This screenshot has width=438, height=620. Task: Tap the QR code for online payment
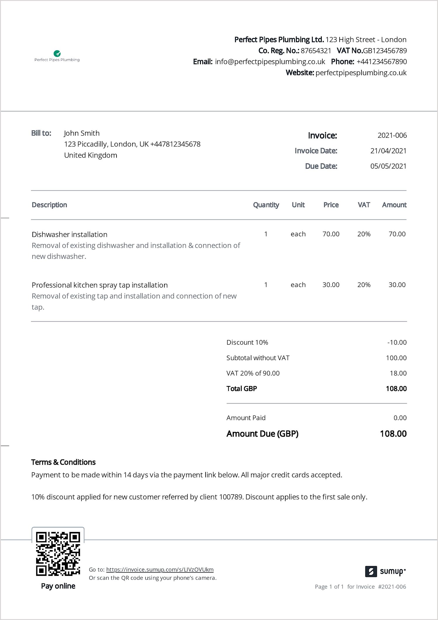(58, 553)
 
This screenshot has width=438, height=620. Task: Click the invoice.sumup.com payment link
(160, 569)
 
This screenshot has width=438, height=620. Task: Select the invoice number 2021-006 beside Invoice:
(392, 135)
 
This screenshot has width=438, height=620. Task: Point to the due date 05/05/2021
(388, 166)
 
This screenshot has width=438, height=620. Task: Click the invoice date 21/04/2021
(388, 151)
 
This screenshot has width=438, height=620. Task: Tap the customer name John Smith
(82, 133)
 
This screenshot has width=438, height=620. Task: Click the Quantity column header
(266, 205)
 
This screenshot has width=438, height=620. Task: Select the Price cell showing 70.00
(331, 234)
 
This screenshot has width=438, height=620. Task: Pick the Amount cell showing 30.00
(397, 285)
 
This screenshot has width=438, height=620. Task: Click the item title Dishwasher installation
(69, 235)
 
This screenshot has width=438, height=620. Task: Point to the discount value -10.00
(397, 342)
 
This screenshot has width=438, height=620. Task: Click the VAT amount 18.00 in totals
(398, 373)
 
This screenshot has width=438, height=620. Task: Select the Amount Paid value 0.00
(400, 418)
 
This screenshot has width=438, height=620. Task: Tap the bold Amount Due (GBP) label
(262, 434)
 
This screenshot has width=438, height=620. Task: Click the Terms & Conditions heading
(63, 462)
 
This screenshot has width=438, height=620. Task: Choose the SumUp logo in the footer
(385, 571)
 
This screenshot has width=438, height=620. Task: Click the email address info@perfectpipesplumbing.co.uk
(270, 62)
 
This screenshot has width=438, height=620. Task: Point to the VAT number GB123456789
(385, 51)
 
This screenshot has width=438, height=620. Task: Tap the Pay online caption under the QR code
(58, 586)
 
